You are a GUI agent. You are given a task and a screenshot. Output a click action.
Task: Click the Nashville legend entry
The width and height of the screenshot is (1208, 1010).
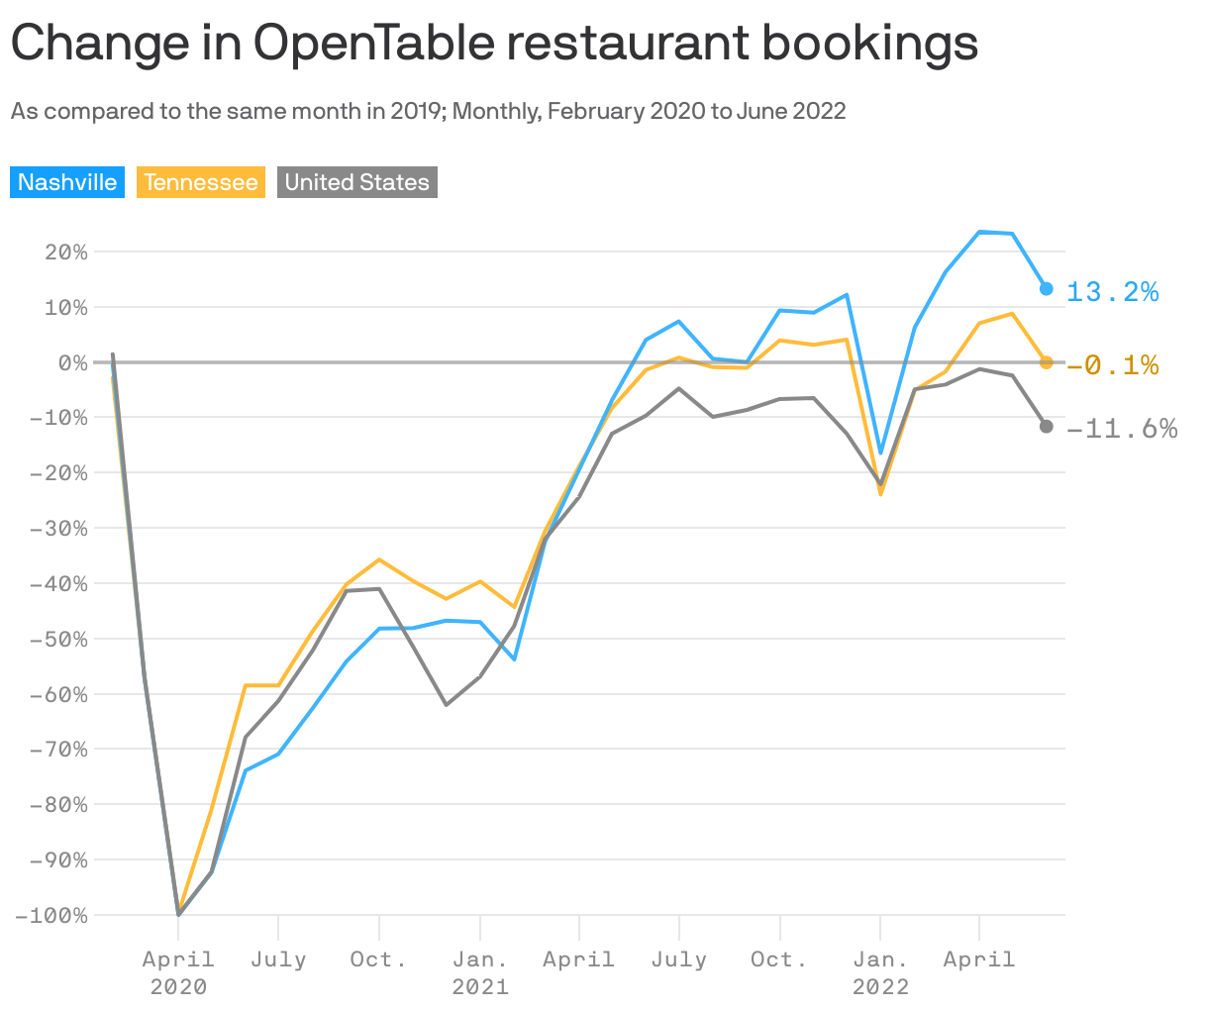pyautogui.click(x=67, y=182)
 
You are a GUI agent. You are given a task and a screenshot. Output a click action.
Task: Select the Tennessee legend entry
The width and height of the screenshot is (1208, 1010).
pyautogui.click(x=201, y=182)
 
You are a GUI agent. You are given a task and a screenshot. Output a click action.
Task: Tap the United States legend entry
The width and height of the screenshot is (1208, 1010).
pyautogui.click(x=356, y=182)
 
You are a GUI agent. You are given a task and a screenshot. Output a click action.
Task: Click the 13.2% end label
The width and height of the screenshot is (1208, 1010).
pyautogui.click(x=1112, y=291)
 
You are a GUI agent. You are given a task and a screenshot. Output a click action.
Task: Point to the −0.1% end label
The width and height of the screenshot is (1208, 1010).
pyautogui.click(x=1112, y=365)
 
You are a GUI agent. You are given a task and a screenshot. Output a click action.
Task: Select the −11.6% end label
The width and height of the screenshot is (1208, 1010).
pyautogui.click(x=1122, y=428)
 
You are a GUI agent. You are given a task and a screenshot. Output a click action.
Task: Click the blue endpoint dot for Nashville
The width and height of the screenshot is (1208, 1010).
pyautogui.click(x=1046, y=288)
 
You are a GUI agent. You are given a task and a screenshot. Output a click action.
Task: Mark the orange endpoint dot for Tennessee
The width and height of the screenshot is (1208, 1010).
pyautogui.click(x=1046, y=362)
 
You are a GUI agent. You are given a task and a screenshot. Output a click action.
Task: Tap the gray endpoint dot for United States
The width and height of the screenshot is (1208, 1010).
pyautogui.click(x=1046, y=426)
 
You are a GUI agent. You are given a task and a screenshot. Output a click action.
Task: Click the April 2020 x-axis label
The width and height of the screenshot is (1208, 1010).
pyautogui.click(x=178, y=972)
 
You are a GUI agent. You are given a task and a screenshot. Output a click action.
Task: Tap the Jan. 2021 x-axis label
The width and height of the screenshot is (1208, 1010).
pyautogui.click(x=480, y=972)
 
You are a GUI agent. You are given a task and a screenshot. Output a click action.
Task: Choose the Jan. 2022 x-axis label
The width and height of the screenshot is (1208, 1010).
pyautogui.click(x=880, y=972)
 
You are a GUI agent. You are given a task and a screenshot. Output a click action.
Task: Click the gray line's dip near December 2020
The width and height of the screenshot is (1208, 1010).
pyautogui.click(x=447, y=704)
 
